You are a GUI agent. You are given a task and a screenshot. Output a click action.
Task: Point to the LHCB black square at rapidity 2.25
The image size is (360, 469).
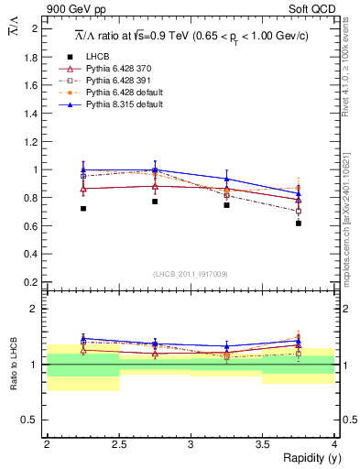[x=83, y=209]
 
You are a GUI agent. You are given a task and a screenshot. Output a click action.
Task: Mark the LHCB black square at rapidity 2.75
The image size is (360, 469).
[x=155, y=202]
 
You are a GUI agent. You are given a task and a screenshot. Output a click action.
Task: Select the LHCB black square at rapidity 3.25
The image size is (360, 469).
[x=227, y=205]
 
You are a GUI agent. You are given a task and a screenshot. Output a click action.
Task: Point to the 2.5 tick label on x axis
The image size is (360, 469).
[x=119, y=444]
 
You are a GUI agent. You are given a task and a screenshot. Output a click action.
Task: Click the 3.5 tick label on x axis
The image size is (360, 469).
[x=263, y=444]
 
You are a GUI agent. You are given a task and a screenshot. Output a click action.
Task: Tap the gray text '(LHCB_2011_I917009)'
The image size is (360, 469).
[x=191, y=273]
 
